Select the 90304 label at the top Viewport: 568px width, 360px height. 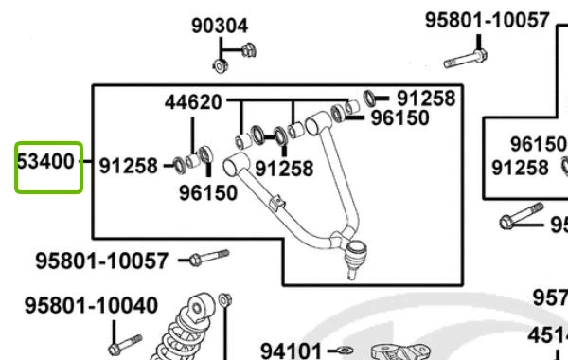click(x=220, y=27)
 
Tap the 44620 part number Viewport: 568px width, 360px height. click(x=193, y=101)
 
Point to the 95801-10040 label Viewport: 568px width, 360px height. click(x=91, y=306)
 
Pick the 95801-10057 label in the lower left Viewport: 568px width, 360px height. click(x=102, y=259)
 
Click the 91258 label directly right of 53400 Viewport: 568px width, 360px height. click(x=128, y=166)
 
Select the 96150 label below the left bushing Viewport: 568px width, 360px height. click(x=207, y=192)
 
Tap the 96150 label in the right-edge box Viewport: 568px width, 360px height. click(x=537, y=144)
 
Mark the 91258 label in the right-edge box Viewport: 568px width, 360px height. click(x=520, y=168)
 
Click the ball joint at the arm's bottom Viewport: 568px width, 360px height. click(x=356, y=252)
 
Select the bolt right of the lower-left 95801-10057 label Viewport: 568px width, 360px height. click(x=208, y=257)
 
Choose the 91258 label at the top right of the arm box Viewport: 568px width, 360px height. click(x=425, y=98)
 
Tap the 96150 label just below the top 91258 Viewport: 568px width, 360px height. click(x=399, y=118)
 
